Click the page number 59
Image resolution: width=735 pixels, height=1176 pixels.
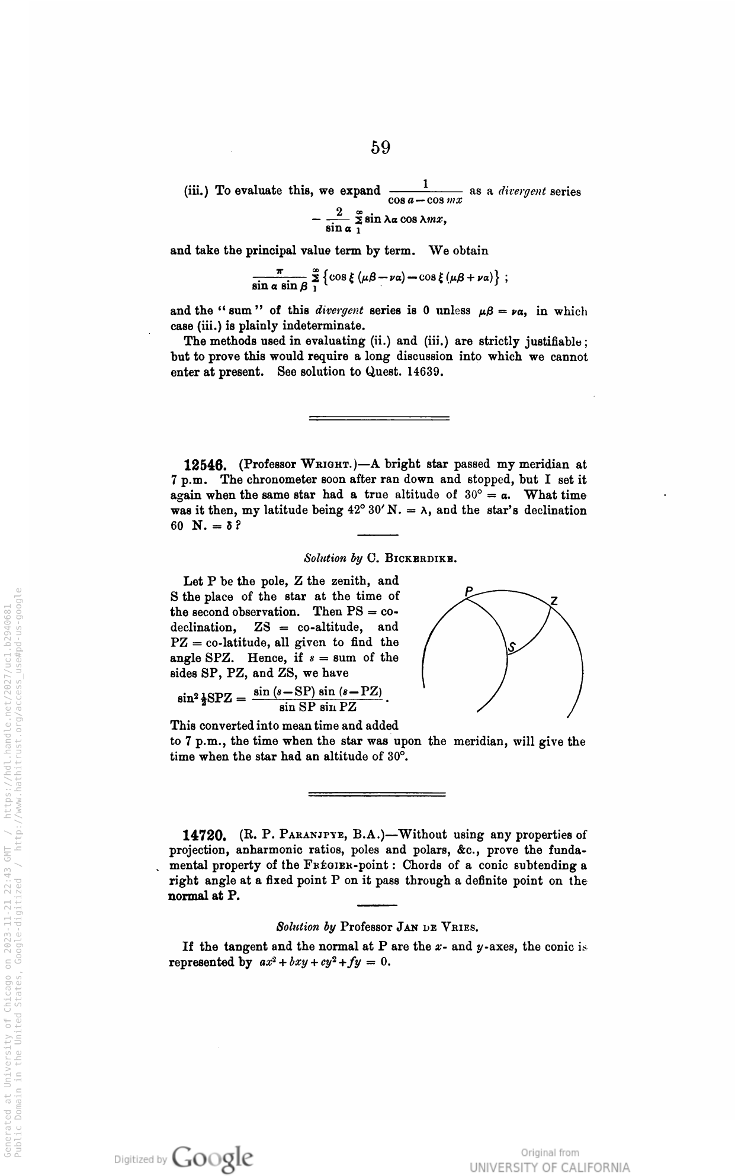381,147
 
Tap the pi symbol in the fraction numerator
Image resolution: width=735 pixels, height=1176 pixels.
278,272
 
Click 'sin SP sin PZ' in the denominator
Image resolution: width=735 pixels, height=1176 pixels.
317,707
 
